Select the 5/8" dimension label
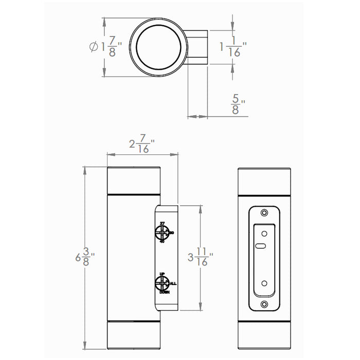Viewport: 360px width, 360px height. point(237,105)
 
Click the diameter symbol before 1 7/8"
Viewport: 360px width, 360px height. point(93,47)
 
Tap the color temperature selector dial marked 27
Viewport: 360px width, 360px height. point(162,233)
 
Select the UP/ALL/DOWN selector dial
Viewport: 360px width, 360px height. point(162,283)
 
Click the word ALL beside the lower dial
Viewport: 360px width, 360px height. point(173,283)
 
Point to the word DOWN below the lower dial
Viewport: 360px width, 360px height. point(164,293)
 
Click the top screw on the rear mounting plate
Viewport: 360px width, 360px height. point(264,213)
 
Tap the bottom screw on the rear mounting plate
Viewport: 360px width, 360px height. point(264,304)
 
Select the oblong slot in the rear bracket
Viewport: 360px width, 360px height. point(262,246)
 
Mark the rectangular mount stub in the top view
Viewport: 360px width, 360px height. point(197,47)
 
